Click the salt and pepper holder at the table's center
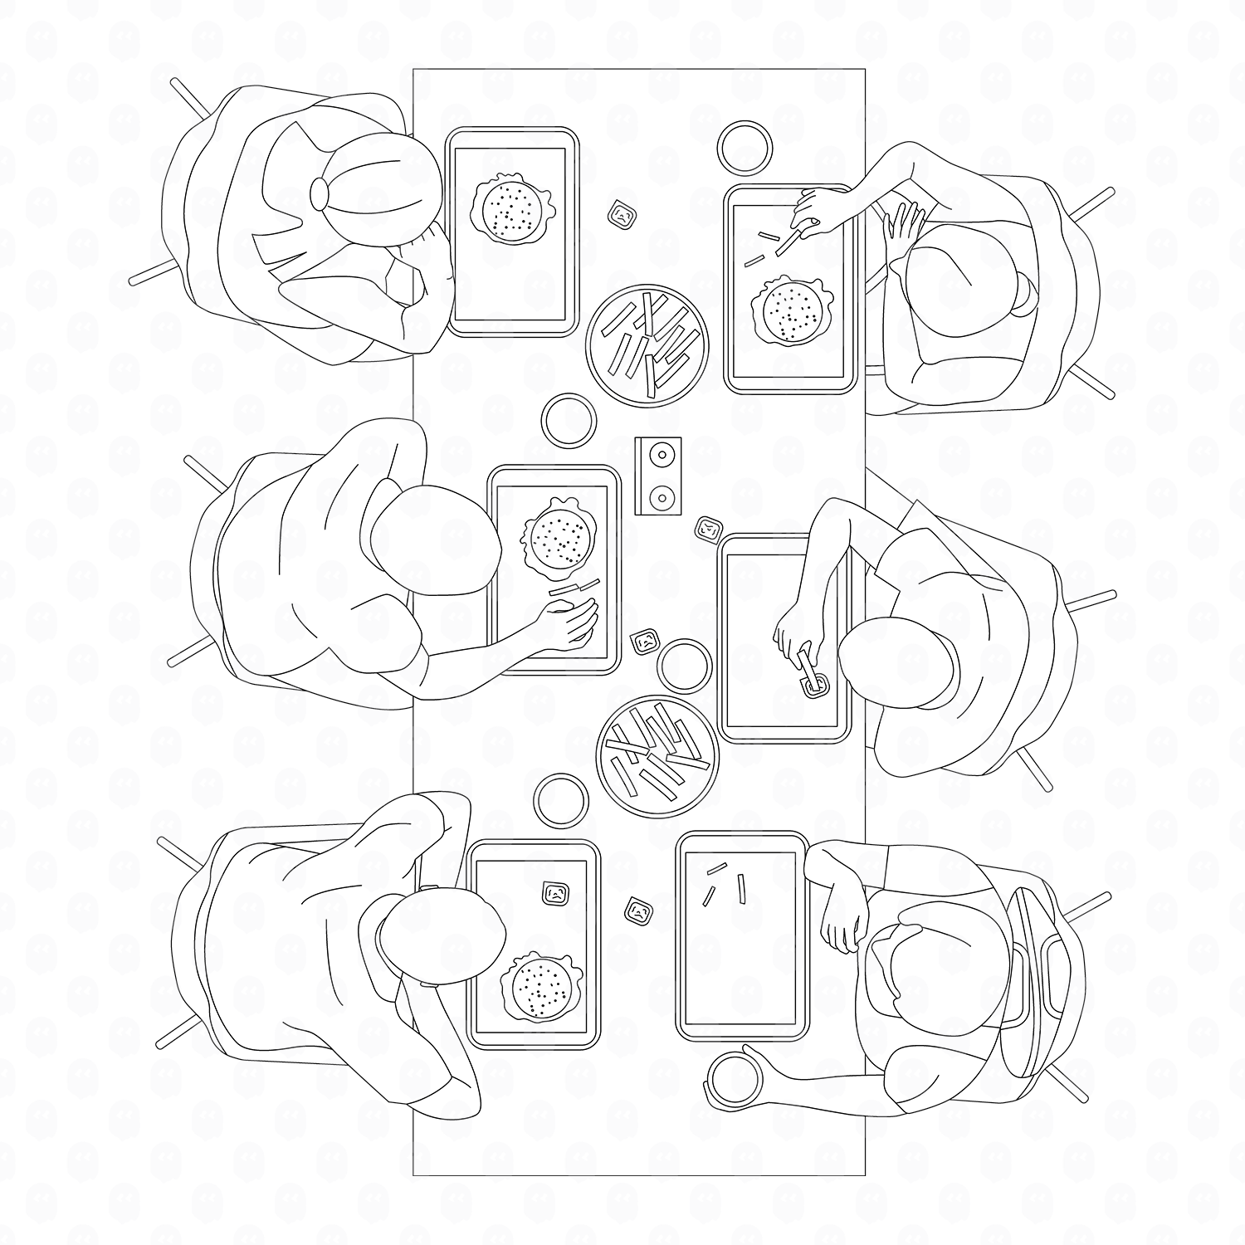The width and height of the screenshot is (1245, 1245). (658, 476)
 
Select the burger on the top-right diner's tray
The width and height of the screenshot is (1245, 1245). (788, 311)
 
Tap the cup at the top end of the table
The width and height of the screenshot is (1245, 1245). (744, 148)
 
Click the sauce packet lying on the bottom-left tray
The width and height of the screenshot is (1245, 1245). (555, 894)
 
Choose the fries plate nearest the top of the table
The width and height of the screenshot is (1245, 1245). (647, 344)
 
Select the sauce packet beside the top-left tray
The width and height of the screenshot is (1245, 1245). (621, 215)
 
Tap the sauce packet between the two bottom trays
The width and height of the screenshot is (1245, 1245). (637, 911)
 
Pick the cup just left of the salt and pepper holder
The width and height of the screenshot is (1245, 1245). (569, 421)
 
